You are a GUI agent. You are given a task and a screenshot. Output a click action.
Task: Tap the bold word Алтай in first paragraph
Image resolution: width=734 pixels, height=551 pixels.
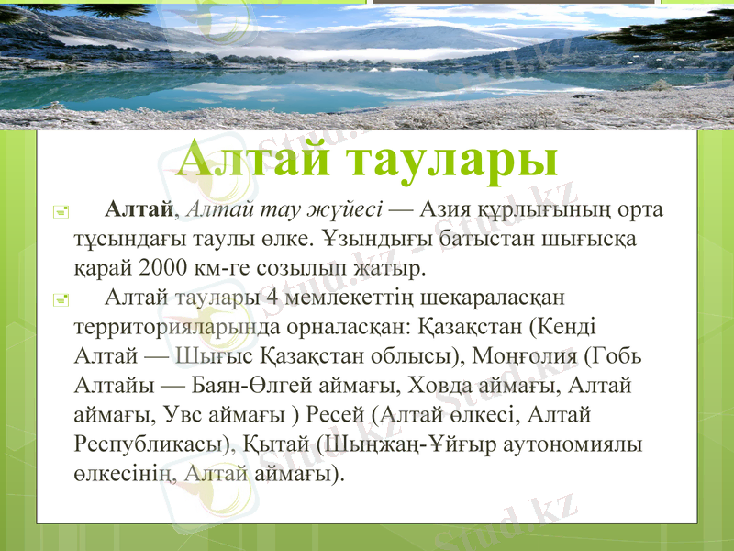click(x=139, y=209)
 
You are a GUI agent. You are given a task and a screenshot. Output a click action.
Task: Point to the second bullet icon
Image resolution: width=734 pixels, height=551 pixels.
click(x=60, y=299)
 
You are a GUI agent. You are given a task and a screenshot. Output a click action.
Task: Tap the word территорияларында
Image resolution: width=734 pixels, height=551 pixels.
click(x=166, y=327)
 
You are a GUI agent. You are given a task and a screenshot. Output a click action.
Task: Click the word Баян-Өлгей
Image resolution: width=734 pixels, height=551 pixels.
click(x=229, y=387)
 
